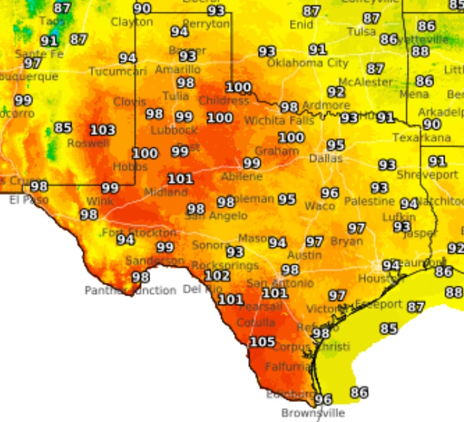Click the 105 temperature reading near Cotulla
click(x=263, y=341)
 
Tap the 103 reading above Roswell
click(x=103, y=130)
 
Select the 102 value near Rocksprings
click(x=217, y=275)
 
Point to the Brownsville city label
click(x=313, y=413)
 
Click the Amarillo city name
click(x=177, y=69)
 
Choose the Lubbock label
click(x=174, y=130)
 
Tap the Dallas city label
click(x=326, y=158)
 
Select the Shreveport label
click(x=427, y=175)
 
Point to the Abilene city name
click(x=242, y=177)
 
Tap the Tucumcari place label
click(x=118, y=71)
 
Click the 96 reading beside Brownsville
click(x=323, y=399)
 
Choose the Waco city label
click(x=320, y=206)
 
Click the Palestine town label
click(x=369, y=201)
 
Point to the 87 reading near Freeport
click(x=415, y=307)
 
